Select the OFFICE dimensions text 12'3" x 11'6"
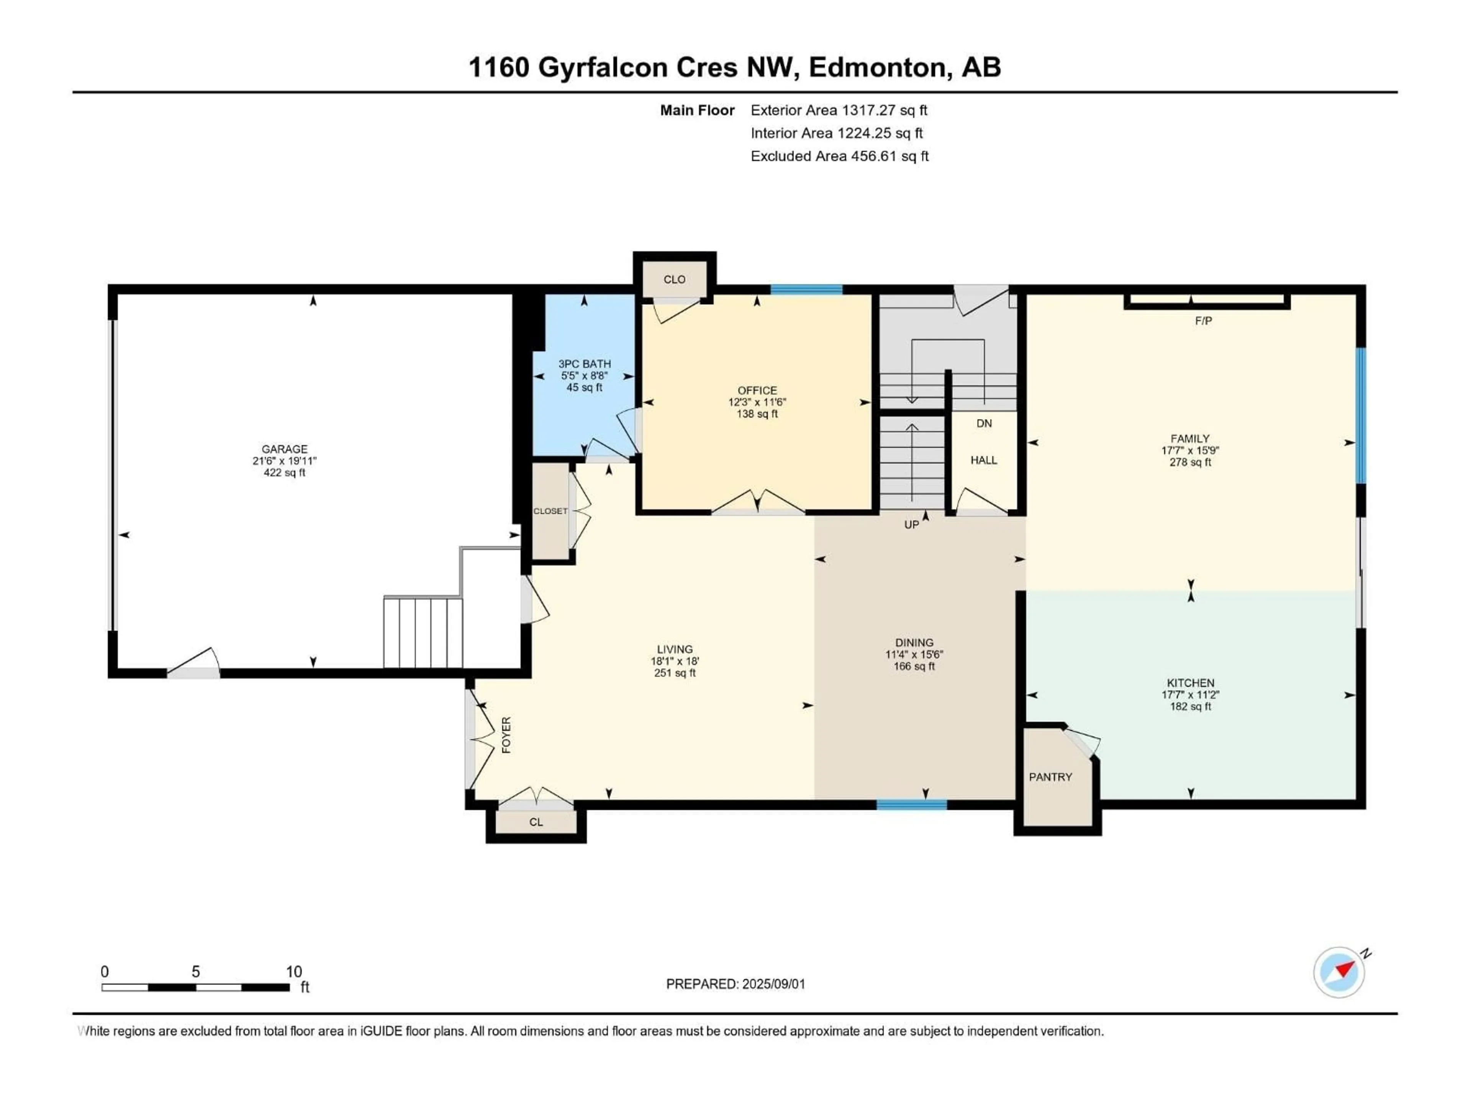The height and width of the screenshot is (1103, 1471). pos(757,402)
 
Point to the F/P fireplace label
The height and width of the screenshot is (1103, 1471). pos(1203,321)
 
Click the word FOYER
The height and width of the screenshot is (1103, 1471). pos(506,735)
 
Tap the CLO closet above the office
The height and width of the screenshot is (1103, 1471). pos(674,279)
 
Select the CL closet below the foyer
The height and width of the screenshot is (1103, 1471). pos(536,822)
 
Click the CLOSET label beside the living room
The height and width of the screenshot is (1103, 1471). pos(550,511)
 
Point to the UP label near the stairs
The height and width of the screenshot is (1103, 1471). pos(911,525)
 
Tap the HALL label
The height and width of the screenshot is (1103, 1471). pos(984,460)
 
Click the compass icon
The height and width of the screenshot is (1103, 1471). pos(1339,971)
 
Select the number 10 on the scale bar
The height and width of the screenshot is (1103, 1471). pos(294,971)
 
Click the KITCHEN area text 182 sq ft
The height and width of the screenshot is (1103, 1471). pos(1190,706)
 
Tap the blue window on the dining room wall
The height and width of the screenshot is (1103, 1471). pos(911,805)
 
